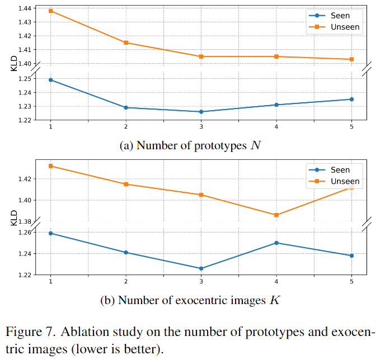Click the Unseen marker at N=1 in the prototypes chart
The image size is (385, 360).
(x=51, y=11)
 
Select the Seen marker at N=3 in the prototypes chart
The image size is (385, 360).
(x=201, y=112)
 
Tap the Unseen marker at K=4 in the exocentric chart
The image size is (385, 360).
(x=276, y=215)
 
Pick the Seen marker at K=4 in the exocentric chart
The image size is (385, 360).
(x=276, y=243)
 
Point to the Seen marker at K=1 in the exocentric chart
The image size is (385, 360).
(x=51, y=233)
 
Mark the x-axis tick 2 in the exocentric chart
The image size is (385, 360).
(x=126, y=281)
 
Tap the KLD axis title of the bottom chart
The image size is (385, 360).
(x=15, y=218)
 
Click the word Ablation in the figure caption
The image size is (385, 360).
(x=80, y=331)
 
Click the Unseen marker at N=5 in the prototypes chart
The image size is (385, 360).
(x=351, y=59)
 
